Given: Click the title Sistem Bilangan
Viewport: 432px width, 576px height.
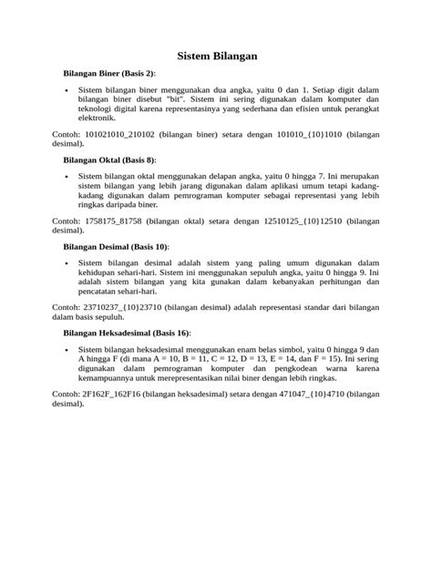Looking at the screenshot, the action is pos(217,57).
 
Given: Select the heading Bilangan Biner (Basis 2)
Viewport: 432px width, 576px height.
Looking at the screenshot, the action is pos(108,72).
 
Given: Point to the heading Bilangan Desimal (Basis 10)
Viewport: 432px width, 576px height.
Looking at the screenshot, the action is pos(116,246).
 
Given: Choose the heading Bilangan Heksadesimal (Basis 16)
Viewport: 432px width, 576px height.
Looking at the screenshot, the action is pos(127,334).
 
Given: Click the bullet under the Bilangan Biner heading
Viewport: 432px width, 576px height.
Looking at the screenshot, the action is pos(67,91).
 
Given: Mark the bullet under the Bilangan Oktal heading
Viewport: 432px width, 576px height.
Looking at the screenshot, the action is pos(67,178).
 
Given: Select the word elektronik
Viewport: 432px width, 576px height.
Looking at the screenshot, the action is pos(96,118).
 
